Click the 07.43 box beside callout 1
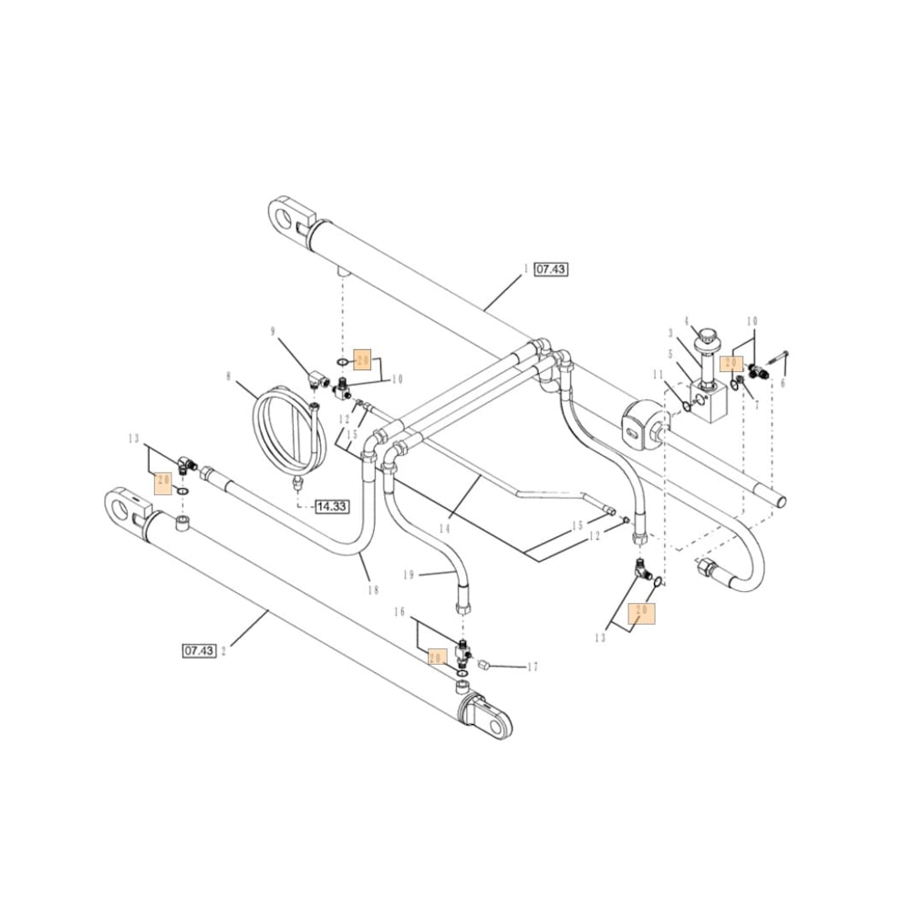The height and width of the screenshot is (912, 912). point(551,269)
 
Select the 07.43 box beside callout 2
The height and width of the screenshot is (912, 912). point(199,650)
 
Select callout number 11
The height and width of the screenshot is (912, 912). point(657,374)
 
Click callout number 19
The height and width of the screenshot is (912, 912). point(409,575)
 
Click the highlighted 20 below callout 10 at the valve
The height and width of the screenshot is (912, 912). point(730,363)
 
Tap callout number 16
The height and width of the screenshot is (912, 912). point(399,611)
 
